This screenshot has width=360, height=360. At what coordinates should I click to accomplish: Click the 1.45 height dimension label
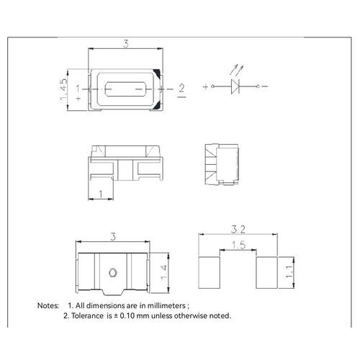[63, 89]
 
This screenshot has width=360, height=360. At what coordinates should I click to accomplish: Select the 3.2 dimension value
[238, 230]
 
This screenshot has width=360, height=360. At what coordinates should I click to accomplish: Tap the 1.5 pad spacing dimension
[238, 245]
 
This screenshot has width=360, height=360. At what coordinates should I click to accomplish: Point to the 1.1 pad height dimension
[289, 272]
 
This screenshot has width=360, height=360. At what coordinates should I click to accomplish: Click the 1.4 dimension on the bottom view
[163, 273]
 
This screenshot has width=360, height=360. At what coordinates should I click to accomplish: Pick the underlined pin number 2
[181, 91]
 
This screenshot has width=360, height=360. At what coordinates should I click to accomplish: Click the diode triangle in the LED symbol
[235, 86]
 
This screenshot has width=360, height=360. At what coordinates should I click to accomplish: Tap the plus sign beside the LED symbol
[205, 86]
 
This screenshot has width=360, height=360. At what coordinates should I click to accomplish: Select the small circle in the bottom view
[112, 273]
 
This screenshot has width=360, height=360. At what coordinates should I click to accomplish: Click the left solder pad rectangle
[210, 272]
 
